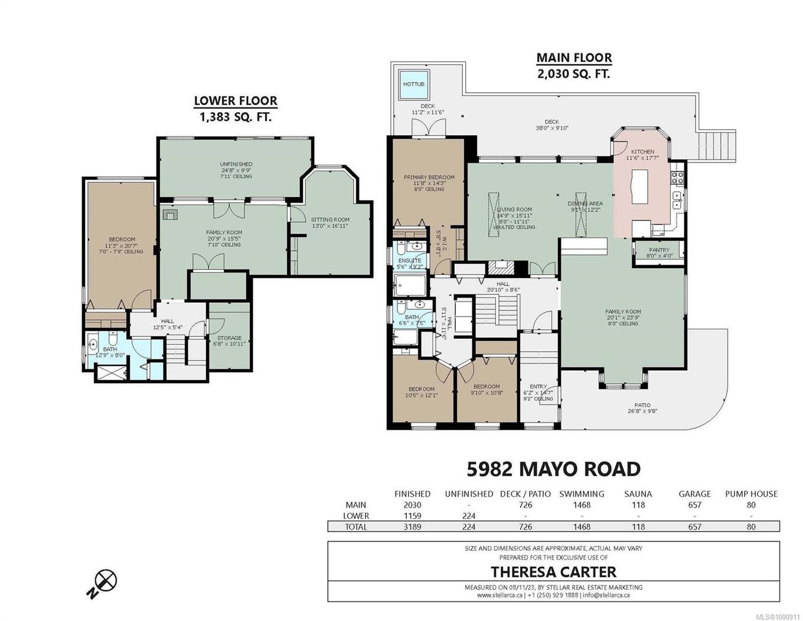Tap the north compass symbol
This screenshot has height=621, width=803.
coord(105,581)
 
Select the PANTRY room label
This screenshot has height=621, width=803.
coord(659,250)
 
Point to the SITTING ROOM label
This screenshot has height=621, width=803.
coord(330,220)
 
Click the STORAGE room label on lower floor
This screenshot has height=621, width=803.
coord(229,338)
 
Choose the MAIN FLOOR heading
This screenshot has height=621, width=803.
coord(574,58)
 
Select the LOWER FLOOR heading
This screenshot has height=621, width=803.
coord(236,101)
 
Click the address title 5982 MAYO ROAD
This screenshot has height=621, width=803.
coord(553,469)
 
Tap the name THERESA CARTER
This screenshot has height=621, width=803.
coord(553,571)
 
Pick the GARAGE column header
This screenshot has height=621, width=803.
coord(694,493)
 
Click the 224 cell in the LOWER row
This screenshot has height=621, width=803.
coord(469,516)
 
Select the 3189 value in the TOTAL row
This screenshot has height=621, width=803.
coord(412,527)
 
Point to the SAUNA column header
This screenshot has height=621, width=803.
coord(638,493)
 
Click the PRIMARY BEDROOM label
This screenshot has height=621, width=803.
coord(429,177)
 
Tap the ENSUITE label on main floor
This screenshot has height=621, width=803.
coord(409,260)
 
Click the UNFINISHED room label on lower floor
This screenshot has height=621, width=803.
coord(236,164)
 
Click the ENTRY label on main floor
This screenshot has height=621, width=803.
coord(538,387)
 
